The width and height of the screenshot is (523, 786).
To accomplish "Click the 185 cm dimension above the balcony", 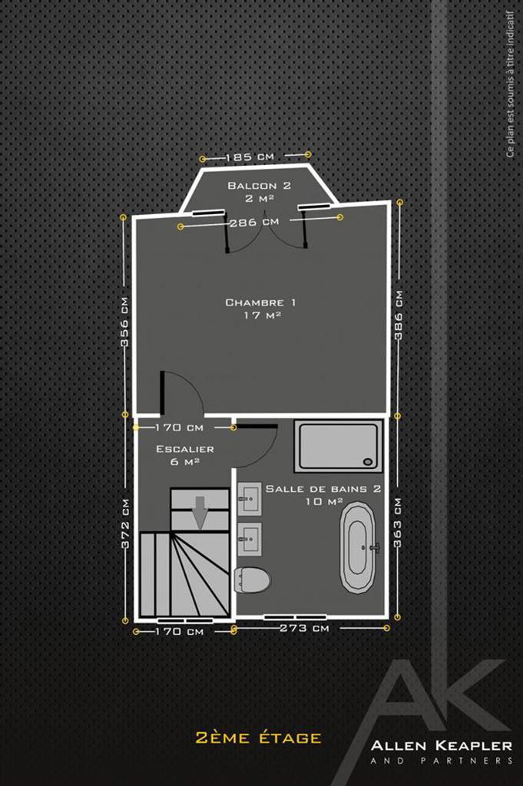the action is [250, 157].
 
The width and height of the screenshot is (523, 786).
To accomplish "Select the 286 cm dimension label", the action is [253, 222].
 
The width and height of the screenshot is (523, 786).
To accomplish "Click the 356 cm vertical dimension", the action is [124, 322].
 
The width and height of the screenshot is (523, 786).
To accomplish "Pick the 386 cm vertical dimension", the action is [399, 315].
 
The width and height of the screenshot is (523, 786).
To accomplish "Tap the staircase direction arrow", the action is [200, 512].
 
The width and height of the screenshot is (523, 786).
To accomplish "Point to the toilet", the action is [252, 580].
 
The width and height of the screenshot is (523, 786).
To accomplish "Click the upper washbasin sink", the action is [250, 499].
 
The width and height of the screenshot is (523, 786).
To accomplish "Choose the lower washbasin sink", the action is [250, 540].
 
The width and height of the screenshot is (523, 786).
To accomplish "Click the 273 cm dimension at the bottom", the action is [304, 628].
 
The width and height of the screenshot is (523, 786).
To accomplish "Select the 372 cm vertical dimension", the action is [125, 523].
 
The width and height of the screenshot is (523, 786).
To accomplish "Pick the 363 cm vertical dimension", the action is [398, 523].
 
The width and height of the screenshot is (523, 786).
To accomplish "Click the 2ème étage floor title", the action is [258, 738].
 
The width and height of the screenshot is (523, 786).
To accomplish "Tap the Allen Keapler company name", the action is [442, 745].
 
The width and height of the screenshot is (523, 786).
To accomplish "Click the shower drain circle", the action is [369, 461].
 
